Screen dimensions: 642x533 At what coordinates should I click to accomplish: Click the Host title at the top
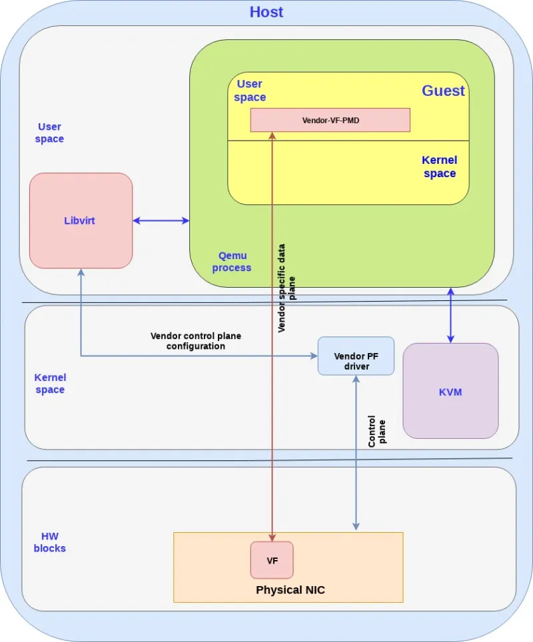coord(266,12)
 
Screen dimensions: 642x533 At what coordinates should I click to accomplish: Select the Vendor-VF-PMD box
coord(330,120)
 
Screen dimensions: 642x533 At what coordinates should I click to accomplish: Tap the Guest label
coord(443,91)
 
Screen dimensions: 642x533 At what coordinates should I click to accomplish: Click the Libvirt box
coord(81,220)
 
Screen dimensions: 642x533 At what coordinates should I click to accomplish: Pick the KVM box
coord(450,391)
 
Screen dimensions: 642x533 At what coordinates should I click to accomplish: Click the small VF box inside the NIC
coord(272,560)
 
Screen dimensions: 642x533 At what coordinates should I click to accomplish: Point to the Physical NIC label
coord(290,590)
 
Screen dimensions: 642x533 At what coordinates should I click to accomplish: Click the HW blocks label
coord(50,542)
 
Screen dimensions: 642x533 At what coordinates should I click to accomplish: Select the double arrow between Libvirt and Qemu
coord(161,220)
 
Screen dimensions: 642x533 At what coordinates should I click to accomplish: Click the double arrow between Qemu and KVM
coord(451,315)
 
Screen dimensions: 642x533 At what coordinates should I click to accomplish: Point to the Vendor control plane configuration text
coord(195,341)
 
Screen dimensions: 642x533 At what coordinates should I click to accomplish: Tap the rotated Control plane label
coord(376,432)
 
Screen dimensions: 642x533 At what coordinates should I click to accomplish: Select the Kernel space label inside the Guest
coord(439,167)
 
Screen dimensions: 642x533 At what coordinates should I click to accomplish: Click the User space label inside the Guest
coord(249,91)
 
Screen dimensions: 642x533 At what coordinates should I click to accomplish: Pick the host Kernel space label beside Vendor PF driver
coord(50,384)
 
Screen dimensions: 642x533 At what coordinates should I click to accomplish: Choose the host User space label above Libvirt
coord(49,133)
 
